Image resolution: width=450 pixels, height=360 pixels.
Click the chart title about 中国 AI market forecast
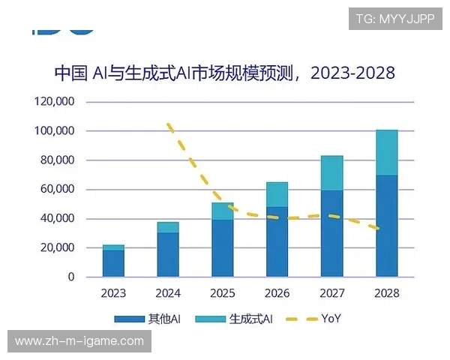[224, 73]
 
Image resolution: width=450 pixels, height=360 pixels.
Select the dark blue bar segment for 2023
[113, 263]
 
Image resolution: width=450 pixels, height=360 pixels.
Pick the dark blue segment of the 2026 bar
[277, 241]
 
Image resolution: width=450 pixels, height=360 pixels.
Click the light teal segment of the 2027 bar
[331, 173]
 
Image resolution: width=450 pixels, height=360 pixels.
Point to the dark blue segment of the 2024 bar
[168, 255]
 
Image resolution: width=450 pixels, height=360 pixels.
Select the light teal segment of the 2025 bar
[222, 211]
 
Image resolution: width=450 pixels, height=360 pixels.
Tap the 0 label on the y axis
[71, 277]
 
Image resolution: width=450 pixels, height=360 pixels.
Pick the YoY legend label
[331, 319]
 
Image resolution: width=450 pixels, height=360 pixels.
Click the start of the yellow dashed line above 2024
[169, 124]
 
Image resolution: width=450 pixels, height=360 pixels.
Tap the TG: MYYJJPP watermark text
[394, 19]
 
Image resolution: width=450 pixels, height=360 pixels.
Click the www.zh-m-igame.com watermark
[79, 341]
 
